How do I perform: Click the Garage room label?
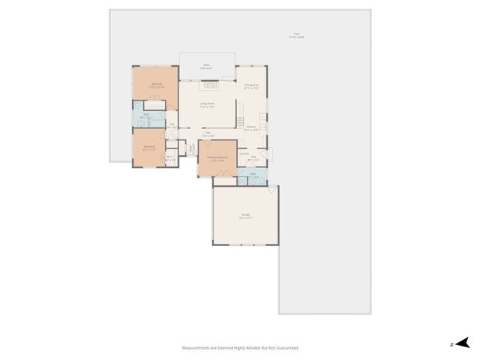245,215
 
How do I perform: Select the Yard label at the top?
297,35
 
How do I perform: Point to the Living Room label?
207,103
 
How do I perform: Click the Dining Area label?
251,85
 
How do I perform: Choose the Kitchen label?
251,127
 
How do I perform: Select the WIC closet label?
170,157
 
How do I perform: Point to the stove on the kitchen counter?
240,120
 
